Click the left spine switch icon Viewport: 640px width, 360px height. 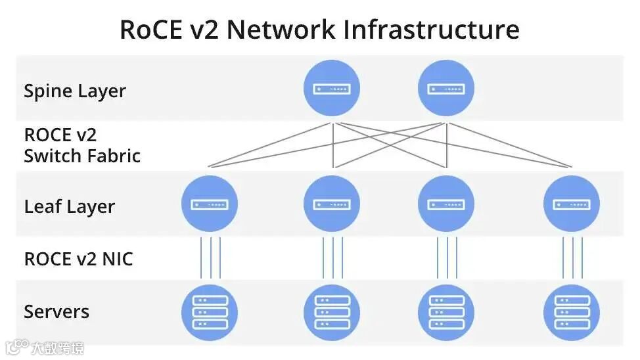click(x=332, y=88)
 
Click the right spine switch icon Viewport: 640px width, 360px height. click(x=446, y=88)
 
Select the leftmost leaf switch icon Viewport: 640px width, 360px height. click(x=210, y=204)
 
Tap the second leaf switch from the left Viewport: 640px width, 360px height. click(x=332, y=204)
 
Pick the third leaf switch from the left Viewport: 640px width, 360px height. click(x=446, y=204)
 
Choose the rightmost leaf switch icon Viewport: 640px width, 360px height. click(x=572, y=204)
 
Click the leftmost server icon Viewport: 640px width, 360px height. click(x=210, y=312)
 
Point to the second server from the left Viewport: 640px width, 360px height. click(x=332, y=312)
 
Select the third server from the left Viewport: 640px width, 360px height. click(x=446, y=312)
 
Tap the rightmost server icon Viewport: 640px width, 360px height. click(x=572, y=312)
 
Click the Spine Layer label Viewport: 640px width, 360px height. click(x=74, y=91)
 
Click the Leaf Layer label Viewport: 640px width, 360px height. click(x=69, y=206)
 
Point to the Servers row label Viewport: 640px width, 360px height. click(x=57, y=311)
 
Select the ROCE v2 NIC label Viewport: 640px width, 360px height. click(x=78, y=259)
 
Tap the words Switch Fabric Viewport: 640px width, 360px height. click(x=82, y=156)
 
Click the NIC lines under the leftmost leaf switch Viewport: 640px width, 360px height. click(x=210, y=258)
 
